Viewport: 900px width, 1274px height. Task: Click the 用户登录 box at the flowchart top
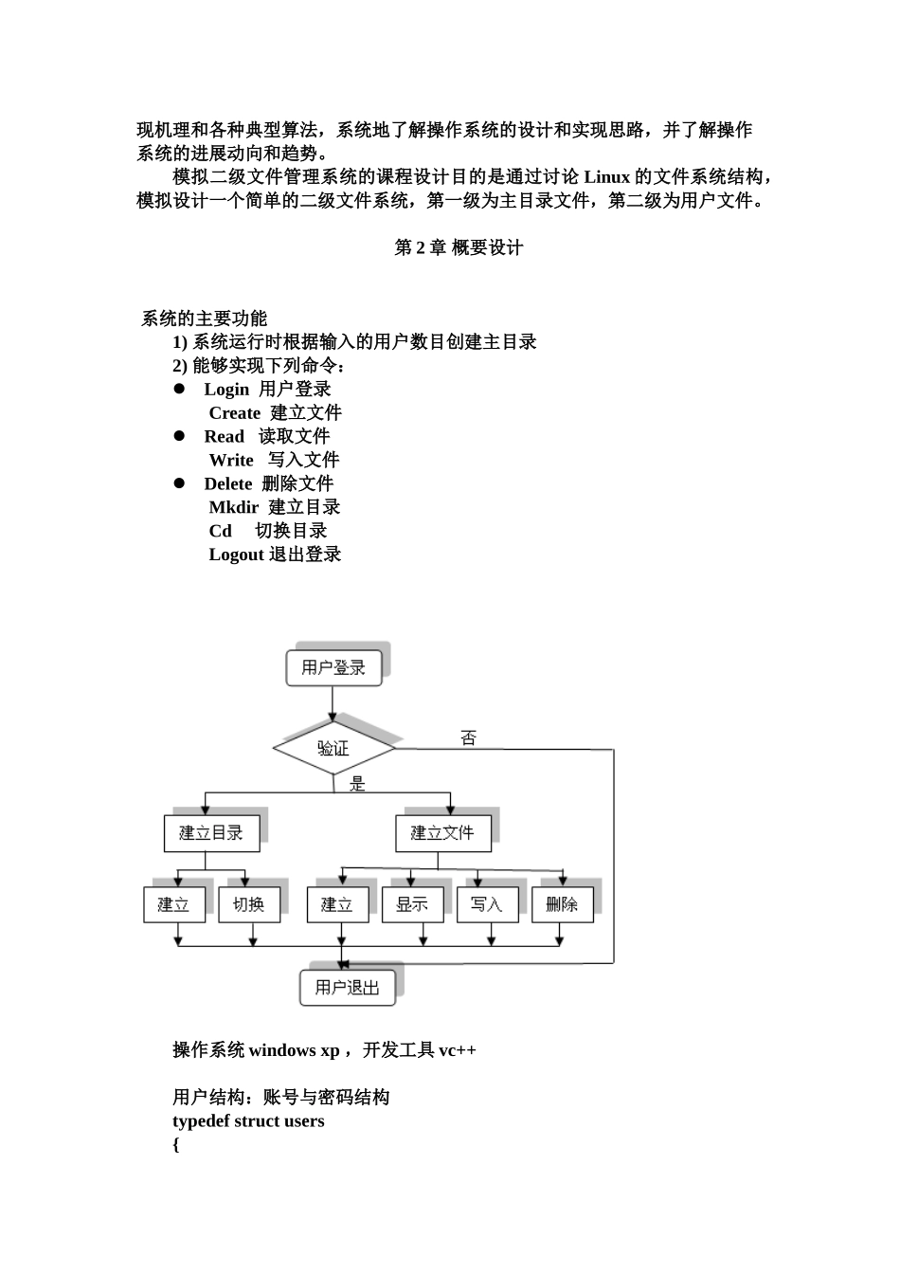333,667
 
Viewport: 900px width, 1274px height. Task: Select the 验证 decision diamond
333,749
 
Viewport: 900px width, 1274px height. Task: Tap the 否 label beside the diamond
468,737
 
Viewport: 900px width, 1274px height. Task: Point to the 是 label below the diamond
357,784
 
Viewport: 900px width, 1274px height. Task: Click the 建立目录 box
211,833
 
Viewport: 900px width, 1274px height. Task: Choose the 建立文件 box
442,833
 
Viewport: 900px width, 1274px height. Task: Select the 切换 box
248,904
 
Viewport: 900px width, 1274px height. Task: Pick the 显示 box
412,904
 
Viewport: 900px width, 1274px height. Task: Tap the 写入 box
487,904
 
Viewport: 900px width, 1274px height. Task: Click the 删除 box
562,904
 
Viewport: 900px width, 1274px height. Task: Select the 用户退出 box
348,987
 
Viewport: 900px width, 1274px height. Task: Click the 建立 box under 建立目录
173,904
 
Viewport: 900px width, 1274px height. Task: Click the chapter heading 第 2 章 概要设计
459,247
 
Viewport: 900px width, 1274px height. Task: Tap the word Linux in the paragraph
606,177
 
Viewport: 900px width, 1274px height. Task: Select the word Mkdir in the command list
233,507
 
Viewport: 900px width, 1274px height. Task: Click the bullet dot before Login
178,389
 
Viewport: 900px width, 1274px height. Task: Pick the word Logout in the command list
236,555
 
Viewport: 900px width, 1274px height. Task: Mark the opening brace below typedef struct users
176,1144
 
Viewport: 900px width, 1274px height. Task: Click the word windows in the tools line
283,1049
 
